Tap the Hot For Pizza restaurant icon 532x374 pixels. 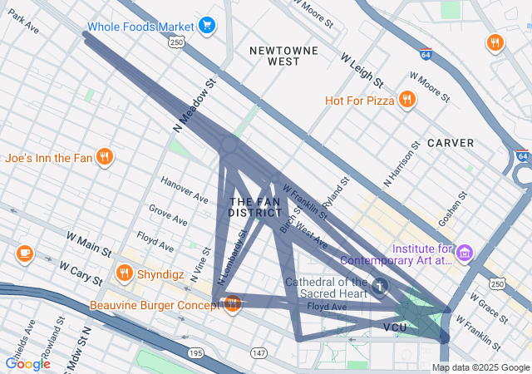(406, 101)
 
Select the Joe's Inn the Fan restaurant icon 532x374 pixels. (104, 157)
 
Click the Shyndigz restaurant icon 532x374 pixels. (125, 273)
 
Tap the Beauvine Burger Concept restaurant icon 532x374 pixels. (232, 304)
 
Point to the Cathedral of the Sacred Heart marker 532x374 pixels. (380, 287)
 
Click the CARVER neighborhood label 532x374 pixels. (451, 143)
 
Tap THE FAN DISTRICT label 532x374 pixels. (255, 208)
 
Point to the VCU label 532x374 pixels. (395, 327)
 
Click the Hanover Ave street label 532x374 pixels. (185, 193)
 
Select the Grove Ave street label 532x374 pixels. (168, 214)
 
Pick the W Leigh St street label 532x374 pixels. (362, 71)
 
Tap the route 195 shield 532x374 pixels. (196, 354)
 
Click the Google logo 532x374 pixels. (28, 363)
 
